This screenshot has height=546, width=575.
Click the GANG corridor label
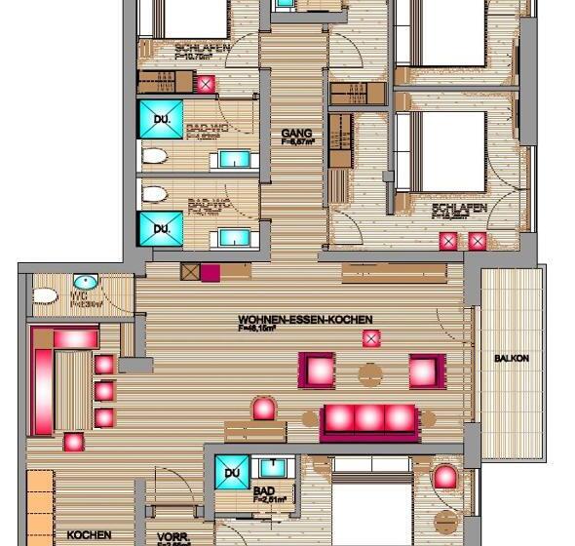click(295, 133)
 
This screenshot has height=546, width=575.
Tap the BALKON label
click(512, 359)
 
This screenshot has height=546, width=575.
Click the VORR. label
click(172, 534)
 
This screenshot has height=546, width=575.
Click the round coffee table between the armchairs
click(370, 372)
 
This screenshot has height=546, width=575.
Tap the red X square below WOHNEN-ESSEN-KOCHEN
click(370, 338)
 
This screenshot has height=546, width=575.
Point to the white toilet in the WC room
click(44, 293)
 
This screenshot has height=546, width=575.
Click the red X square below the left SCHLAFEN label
click(206, 85)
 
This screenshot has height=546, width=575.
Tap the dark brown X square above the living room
click(189, 272)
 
